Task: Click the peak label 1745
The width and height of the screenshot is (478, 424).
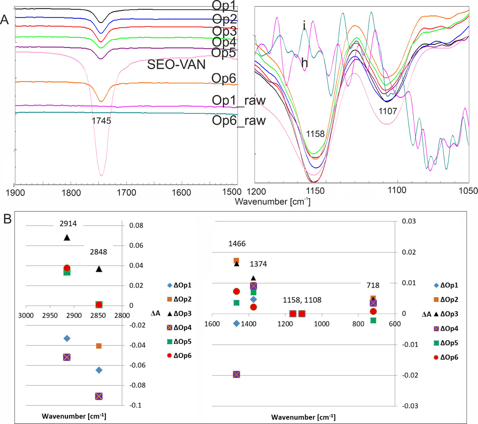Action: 101,121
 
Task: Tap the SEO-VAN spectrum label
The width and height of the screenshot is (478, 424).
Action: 176,64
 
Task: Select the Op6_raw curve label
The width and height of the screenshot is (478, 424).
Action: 238,120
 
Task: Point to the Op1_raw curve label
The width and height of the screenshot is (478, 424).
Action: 238,100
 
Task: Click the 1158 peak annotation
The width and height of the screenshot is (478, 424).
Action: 315,134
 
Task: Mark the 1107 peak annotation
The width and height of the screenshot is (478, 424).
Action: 387,111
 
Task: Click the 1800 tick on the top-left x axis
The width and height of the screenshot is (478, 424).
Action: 71,193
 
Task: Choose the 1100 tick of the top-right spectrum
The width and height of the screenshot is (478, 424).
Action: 397,190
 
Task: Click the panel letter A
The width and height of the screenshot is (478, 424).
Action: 4,20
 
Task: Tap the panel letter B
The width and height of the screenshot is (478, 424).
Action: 7,219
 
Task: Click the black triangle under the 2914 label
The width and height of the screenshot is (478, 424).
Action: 67,237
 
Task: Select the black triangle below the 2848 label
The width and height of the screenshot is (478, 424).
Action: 99,269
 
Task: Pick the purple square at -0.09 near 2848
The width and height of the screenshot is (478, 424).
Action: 99,396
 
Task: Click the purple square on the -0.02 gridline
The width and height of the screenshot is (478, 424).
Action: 236,374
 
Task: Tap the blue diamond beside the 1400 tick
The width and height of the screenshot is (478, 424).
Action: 236,324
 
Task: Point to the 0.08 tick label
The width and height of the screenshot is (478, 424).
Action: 136,226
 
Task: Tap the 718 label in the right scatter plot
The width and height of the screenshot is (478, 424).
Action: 373,286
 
